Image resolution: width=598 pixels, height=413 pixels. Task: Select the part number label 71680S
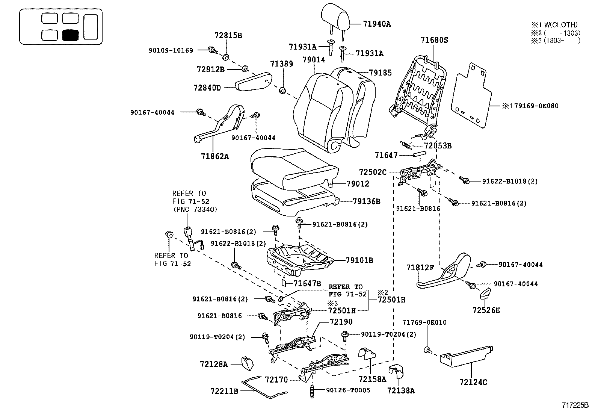pyautogui.click(x=434, y=40)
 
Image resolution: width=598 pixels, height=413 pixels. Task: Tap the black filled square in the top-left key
pyautogui.click(x=70, y=35)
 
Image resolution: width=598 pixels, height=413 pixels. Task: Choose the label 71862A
pyautogui.click(x=214, y=156)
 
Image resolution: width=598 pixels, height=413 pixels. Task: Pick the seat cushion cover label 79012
pyautogui.click(x=358, y=184)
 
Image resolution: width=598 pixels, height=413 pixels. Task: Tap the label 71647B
pyautogui.click(x=307, y=283)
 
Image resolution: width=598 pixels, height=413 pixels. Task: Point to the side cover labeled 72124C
pyautogui.click(x=466, y=355)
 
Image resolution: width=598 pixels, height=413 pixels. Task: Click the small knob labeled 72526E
pyautogui.click(x=486, y=293)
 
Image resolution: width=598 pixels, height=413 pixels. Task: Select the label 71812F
pyautogui.click(x=420, y=268)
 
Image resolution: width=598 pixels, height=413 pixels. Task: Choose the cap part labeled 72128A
pyautogui.click(x=247, y=363)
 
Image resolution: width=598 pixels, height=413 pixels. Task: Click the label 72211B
pyautogui.click(x=224, y=391)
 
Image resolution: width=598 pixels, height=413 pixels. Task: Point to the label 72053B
pyautogui.click(x=438, y=145)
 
